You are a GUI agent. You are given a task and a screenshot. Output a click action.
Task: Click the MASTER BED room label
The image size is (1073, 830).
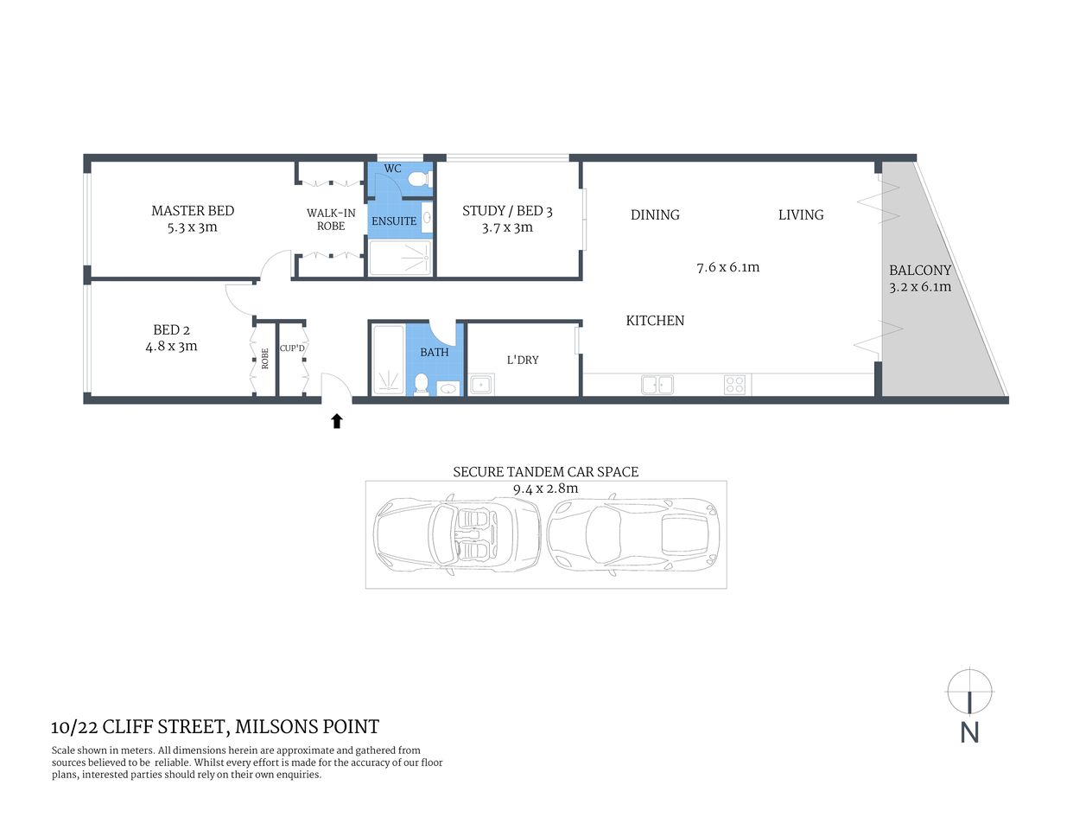click(x=193, y=211)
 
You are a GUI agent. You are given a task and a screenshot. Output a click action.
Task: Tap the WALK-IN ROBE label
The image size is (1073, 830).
click(x=331, y=220)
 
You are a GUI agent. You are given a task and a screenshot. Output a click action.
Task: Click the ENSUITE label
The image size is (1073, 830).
click(x=394, y=221)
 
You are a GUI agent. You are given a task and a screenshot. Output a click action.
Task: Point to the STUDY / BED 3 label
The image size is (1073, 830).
click(x=507, y=211)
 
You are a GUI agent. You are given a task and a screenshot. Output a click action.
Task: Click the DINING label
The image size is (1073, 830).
click(x=655, y=215)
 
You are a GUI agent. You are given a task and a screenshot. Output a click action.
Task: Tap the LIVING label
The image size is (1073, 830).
click(x=801, y=215)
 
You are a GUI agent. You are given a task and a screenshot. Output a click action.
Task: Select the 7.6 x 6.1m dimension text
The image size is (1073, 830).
click(x=728, y=268)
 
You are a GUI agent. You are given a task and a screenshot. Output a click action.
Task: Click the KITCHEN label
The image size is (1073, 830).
click(x=655, y=321)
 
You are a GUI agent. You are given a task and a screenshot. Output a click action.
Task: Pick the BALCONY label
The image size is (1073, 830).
click(x=920, y=271)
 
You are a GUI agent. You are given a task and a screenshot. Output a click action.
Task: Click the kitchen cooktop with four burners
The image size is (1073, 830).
click(x=734, y=385)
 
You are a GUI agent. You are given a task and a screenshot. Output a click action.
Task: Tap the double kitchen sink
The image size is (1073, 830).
click(x=657, y=385)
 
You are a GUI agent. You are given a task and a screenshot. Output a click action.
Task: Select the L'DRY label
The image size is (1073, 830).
click(x=523, y=360)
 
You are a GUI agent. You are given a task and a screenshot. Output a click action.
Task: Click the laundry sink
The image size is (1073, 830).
click(x=480, y=385)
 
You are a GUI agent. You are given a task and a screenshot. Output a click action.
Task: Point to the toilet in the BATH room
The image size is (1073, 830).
click(x=421, y=384)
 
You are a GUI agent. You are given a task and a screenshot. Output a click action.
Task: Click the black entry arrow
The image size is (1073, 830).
click(x=337, y=421)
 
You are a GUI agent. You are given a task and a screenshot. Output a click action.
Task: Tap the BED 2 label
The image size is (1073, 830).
click(x=171, y=330)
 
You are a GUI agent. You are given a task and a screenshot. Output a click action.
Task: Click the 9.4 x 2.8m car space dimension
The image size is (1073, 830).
click(x=545, y=488)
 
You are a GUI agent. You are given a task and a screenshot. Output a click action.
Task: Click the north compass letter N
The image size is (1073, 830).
click(x=969, y=732)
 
